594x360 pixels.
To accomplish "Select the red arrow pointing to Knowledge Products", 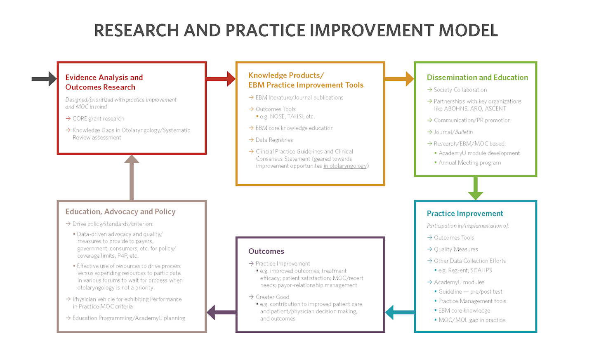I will point(221,78).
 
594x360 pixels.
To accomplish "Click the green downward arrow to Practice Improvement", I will point(476,188).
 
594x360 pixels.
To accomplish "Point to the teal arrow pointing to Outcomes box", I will point(400,312).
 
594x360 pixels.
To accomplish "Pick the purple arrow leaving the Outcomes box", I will point(221,312).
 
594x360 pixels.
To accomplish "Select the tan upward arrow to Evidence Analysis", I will point(132,177).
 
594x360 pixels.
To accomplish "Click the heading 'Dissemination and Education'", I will point(477,78).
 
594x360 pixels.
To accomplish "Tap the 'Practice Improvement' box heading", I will point(465,214).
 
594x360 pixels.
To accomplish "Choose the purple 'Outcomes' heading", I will point(266,252).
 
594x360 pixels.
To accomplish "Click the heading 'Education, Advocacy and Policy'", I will point(120,212).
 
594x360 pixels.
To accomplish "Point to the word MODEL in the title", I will point(468,31).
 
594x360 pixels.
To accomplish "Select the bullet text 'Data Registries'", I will point(274,140).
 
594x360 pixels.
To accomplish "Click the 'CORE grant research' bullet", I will point(98,119).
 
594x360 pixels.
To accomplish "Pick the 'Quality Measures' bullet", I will point(456,249).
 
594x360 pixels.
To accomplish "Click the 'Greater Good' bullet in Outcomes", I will point(272,297).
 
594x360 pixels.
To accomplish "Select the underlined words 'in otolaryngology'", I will point(345,166).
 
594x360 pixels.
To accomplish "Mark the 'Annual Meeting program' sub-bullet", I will point(469,163).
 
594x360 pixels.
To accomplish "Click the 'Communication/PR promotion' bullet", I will point(472,120).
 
